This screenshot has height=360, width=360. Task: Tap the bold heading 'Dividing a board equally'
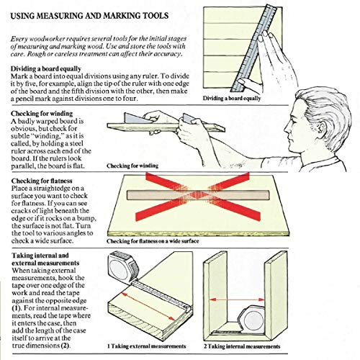[x=45, y=68]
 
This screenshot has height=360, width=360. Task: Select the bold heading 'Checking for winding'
[x=42, y=113]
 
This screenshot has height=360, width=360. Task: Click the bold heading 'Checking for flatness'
[x=42, y=181]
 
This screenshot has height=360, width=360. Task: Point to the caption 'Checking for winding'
[x=132, y=166]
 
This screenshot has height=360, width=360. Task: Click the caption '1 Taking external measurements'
[x=146, y=346]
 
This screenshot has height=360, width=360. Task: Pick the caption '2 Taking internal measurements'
[x=242, y=346]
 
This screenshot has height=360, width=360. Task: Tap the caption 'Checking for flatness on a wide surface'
[x=153, y=241]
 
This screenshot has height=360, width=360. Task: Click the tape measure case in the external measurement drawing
[x=123, y=267]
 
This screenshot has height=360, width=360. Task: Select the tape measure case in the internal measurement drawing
[x=251, y=318]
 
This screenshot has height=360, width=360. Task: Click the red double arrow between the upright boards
[x=237, y=300]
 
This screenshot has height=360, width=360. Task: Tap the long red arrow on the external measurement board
[x=148, y=306]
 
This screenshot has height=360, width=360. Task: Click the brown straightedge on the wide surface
[x=198, y=195]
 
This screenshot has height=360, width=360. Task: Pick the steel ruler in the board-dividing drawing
[x=253, y=49]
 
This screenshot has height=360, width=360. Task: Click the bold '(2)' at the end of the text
[x=65, y=346]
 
